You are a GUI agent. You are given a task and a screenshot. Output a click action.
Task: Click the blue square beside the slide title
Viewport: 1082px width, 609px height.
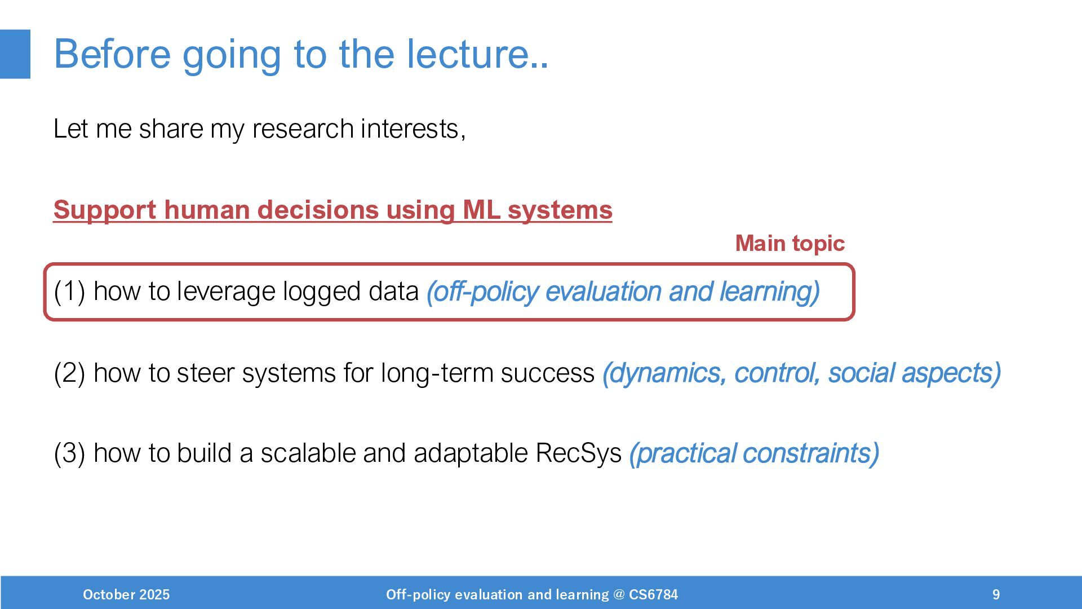click(15, 54)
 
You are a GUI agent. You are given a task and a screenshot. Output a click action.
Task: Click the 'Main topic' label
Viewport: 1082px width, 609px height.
click(790, 244)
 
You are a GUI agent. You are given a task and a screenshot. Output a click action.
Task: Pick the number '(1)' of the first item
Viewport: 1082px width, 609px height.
click(69, 292)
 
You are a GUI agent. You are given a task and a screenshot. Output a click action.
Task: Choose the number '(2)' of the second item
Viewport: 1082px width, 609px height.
click(69, 373)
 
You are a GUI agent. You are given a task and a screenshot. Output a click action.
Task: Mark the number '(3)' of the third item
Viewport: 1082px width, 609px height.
click(69, 453)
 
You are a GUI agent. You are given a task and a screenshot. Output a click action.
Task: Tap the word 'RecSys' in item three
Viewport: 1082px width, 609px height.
click(578, 453)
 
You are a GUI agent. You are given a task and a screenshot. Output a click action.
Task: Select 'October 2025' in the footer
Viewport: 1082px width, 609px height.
click(126, 595)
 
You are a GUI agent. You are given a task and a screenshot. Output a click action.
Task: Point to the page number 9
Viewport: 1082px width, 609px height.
click(996, 595)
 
